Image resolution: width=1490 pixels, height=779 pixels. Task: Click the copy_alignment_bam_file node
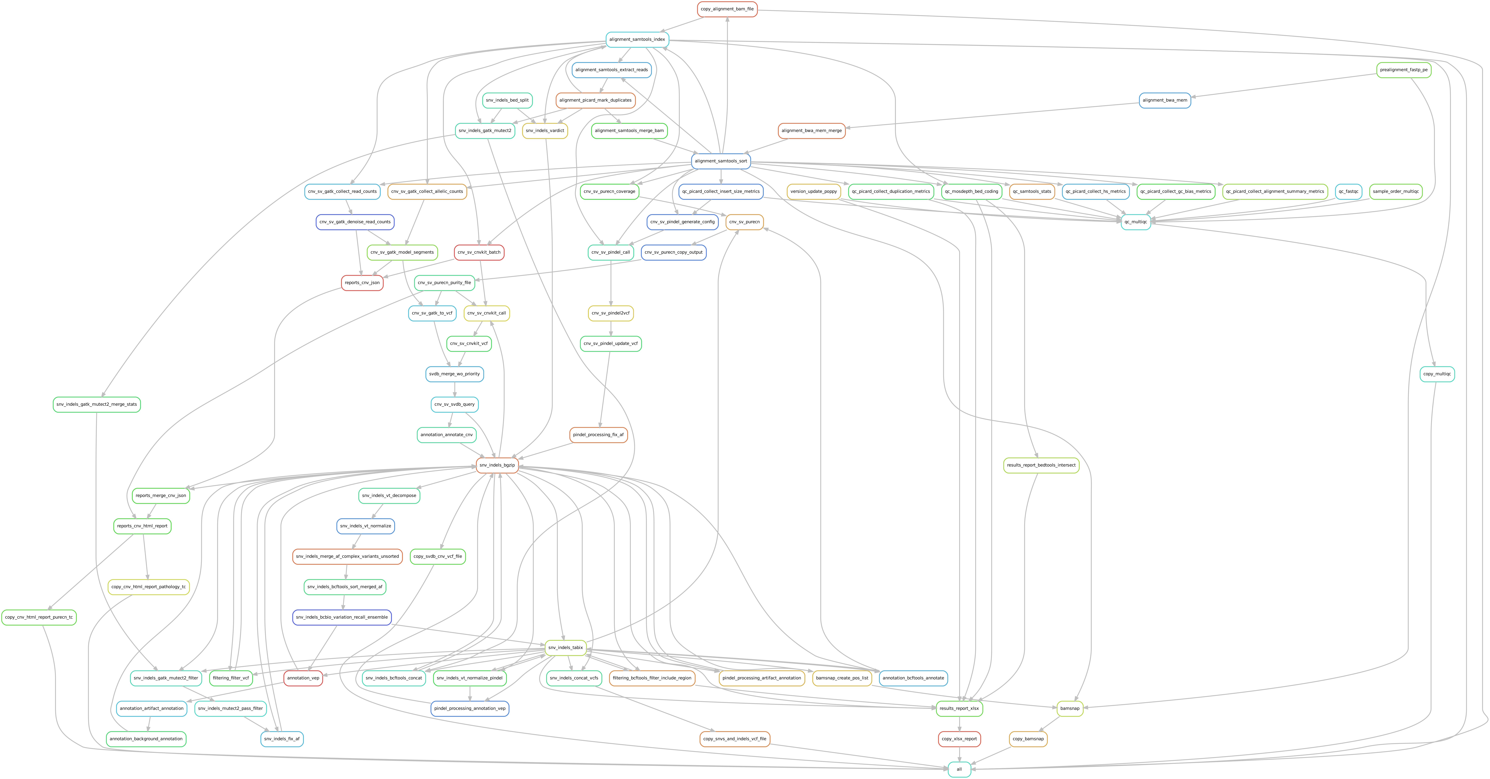727,9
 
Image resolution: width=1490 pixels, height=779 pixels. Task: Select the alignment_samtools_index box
637,39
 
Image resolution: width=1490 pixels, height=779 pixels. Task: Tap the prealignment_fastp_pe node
1404,70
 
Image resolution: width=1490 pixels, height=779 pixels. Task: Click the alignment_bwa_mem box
1165,100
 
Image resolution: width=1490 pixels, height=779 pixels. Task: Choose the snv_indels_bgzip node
497,465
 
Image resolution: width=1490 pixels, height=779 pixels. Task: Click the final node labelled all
959,769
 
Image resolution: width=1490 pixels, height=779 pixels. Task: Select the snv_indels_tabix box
566,648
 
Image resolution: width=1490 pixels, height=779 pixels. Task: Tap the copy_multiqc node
1437,374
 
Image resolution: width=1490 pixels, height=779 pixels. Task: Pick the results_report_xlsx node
959,708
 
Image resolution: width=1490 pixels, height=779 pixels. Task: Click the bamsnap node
1070,708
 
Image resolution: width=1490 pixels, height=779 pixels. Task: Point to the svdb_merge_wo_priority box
455,374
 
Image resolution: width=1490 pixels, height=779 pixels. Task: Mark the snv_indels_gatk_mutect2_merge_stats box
97,404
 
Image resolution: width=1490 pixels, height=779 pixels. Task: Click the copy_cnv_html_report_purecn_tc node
39,618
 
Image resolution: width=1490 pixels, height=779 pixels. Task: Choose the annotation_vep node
303,678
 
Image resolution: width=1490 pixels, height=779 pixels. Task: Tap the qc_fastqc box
1348,192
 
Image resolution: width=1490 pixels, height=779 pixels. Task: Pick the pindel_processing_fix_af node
598,435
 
